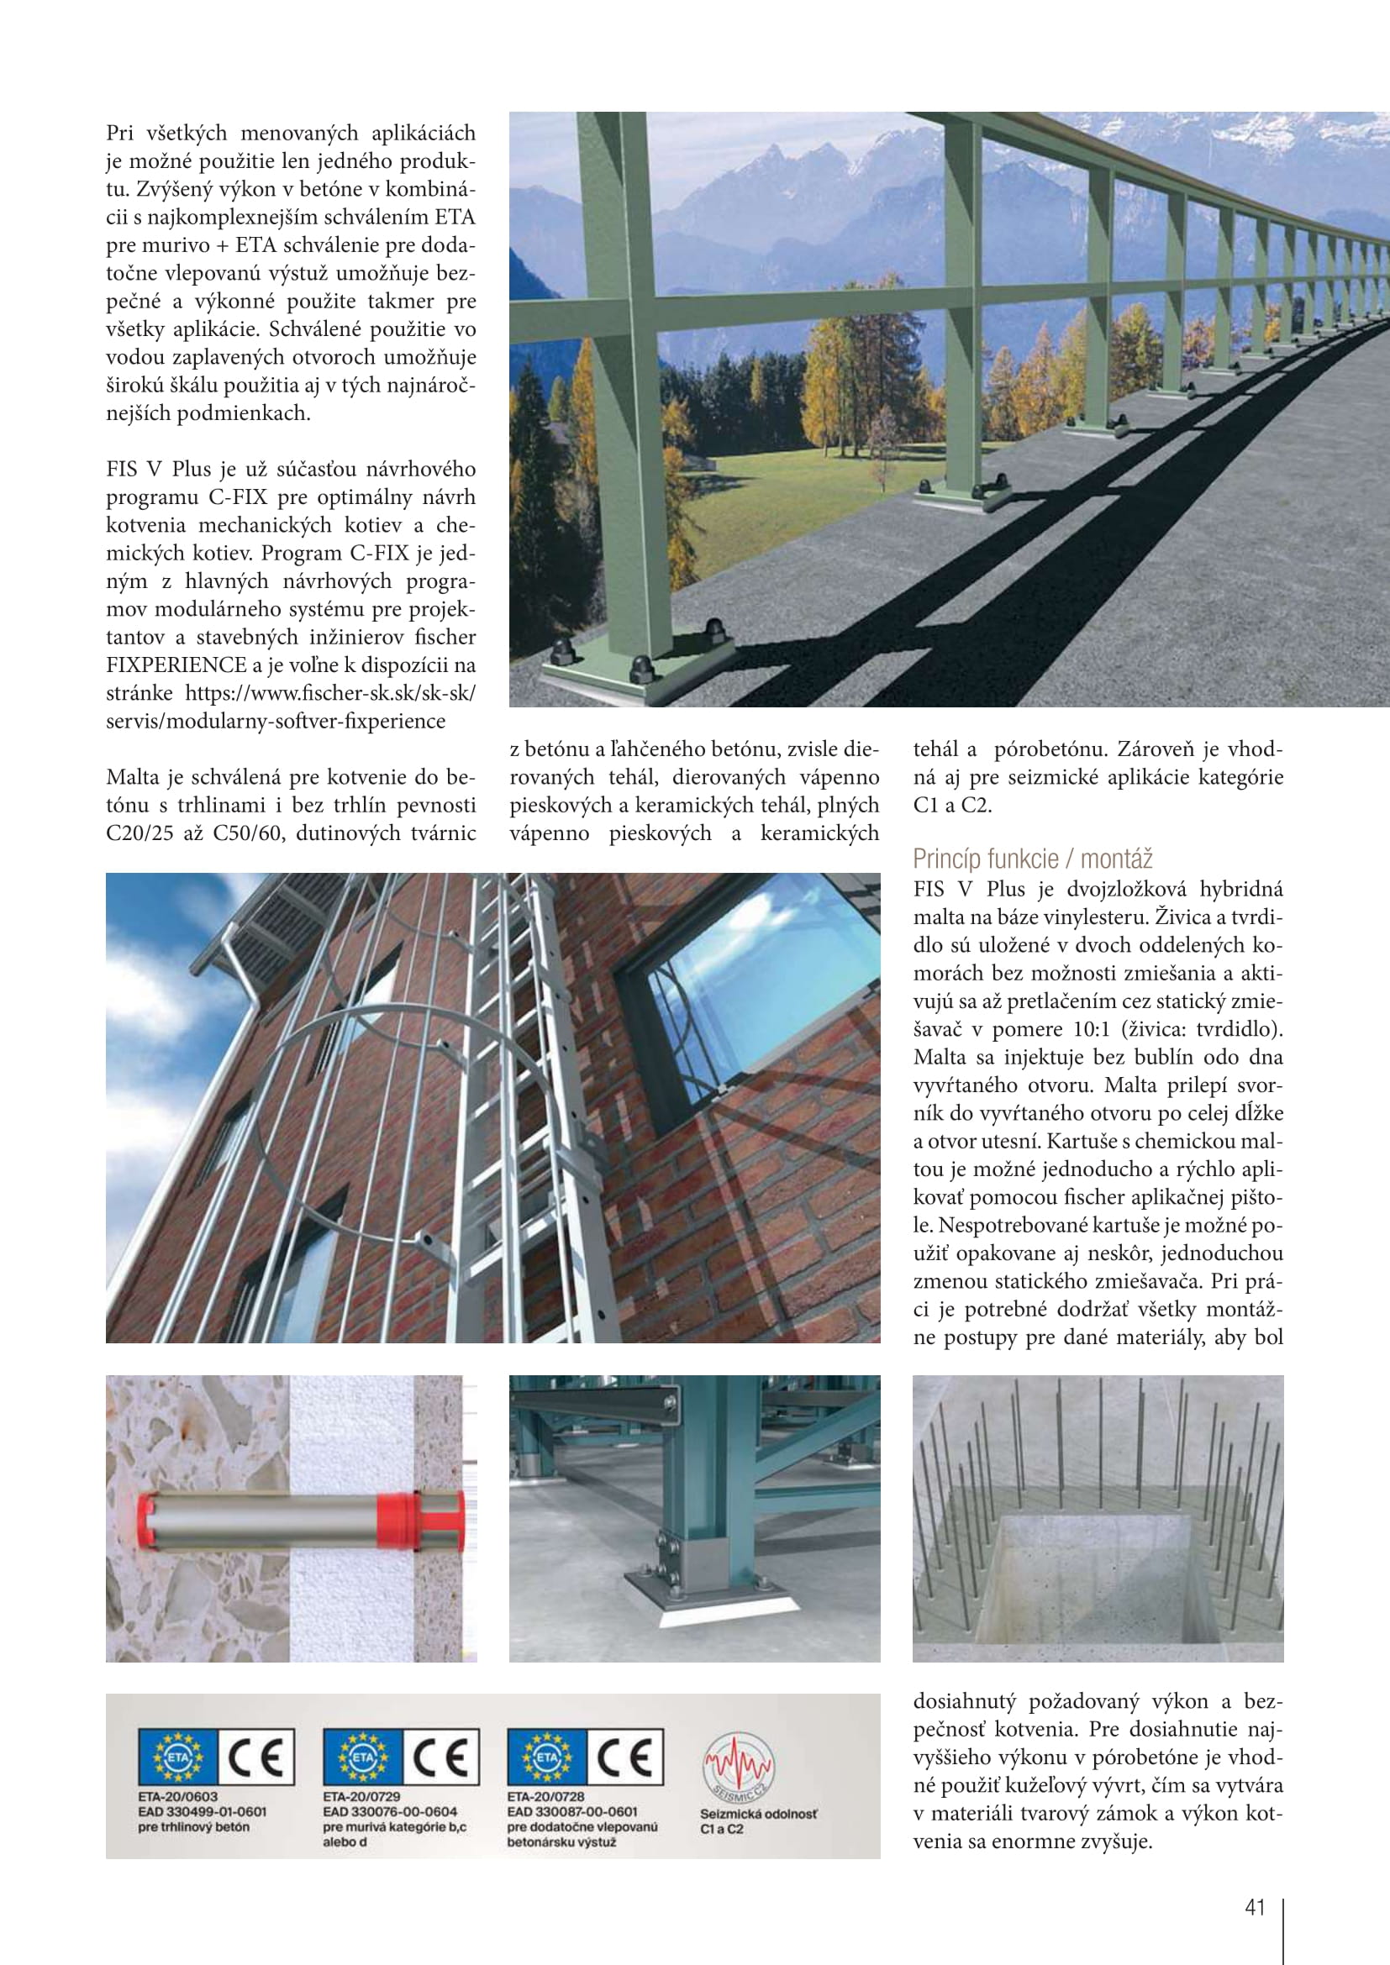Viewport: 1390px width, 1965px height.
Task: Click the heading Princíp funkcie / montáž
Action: click(x=1032, y=859)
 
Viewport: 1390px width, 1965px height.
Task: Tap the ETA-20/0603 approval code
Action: click(x=178, y=1797)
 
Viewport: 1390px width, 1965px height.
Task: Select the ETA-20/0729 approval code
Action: click(x=361, y=1797)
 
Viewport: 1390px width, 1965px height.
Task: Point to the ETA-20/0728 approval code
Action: click(x=545, y=1797)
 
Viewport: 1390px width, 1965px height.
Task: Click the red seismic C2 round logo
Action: click(x=738, y=1765)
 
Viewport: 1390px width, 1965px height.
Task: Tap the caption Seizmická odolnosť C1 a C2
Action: click(x=757, y=1821)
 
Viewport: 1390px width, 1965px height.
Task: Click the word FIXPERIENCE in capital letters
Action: click(x=176, y=665)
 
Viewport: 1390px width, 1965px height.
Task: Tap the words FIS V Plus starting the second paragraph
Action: click(x=158, y=469)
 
